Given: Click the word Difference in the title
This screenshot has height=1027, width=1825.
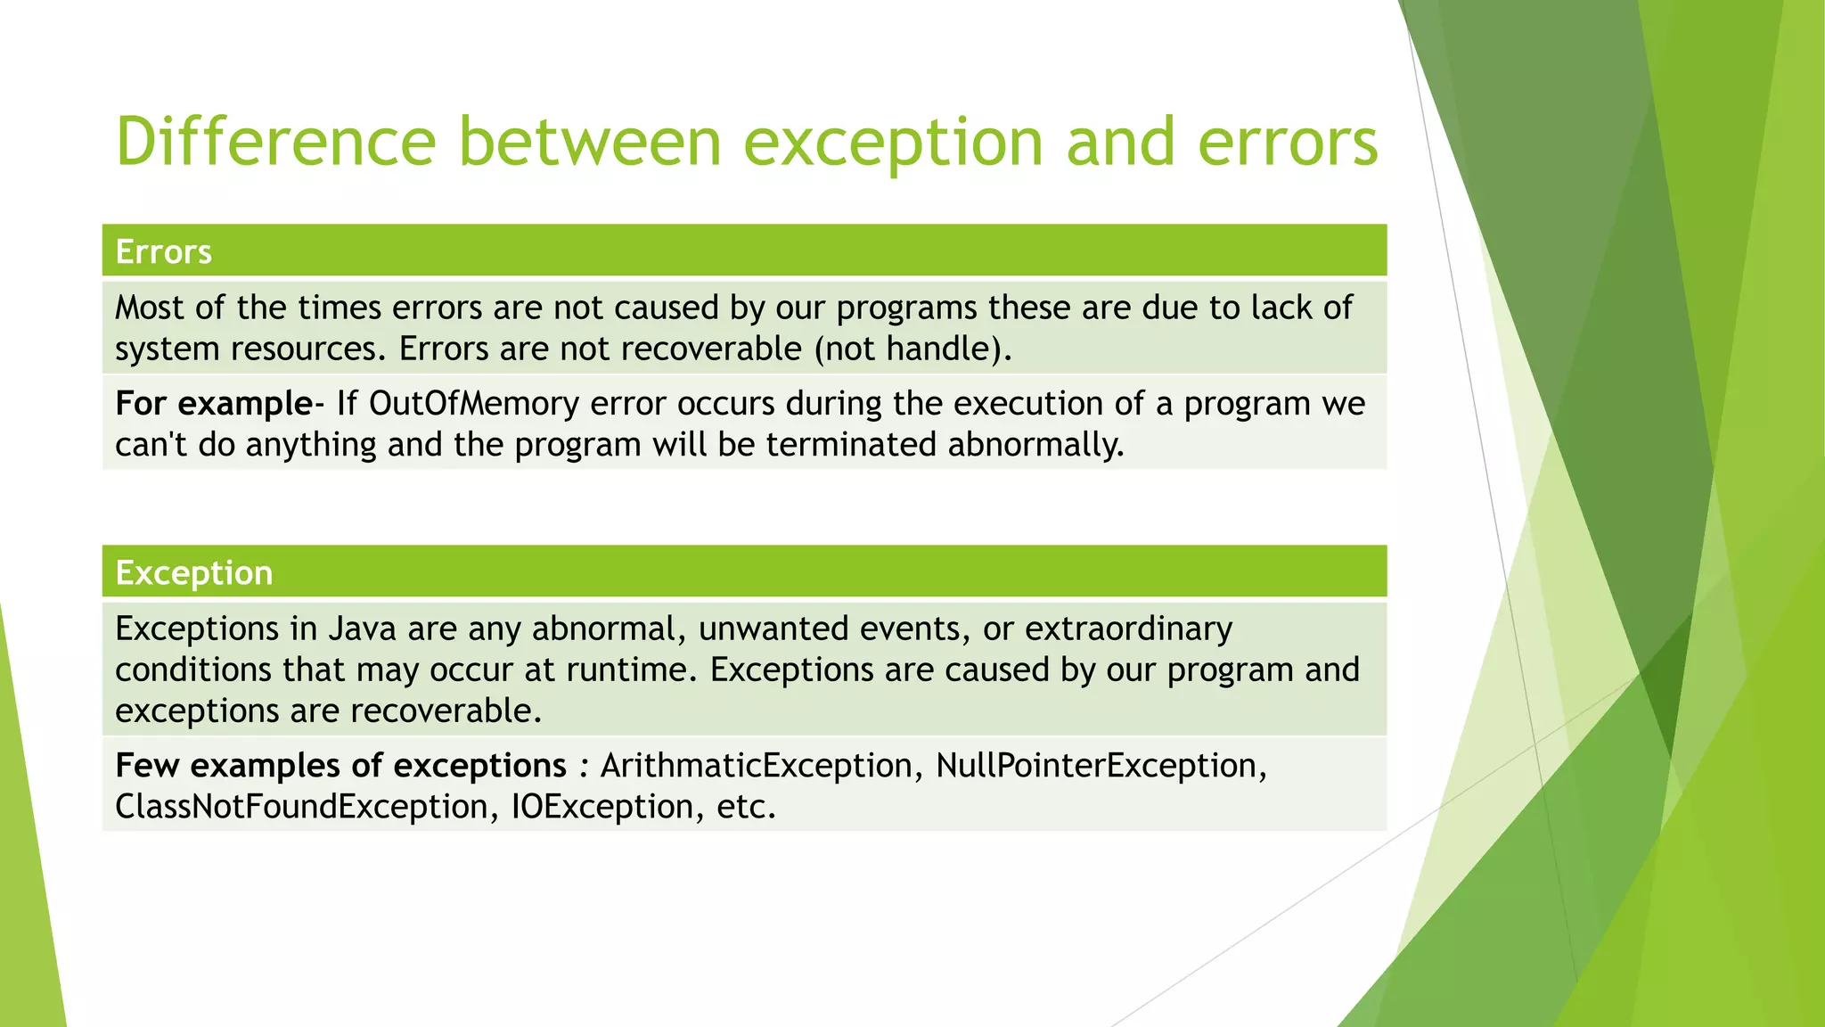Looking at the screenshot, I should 275,142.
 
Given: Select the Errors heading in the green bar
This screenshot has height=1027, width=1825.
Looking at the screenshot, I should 163,252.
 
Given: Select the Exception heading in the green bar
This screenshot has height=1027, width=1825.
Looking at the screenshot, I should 193,573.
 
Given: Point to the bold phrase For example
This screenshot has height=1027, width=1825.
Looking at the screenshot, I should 213,404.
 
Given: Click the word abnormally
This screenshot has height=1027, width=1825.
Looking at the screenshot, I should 1035,445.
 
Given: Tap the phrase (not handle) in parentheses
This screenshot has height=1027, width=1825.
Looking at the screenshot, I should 912,349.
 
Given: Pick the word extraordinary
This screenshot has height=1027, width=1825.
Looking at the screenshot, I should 1128,629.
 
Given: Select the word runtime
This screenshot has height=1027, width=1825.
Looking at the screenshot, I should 627,670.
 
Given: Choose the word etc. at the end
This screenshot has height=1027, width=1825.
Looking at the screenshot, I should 746,807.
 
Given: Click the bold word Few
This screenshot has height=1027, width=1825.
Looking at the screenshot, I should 147,766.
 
